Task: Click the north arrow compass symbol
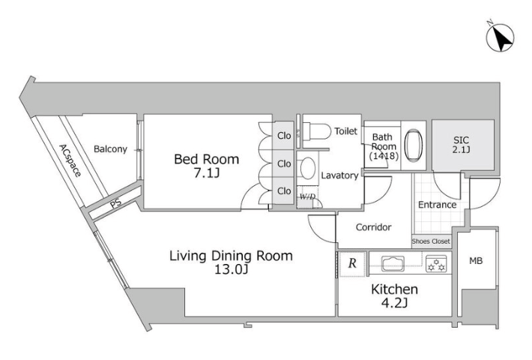click(x=500, y=37)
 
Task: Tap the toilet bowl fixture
click(x=316, y=131)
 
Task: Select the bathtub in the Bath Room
click(x=414, y=145)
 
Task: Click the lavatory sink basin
click(x=308, y=168)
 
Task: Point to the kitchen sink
click(x=393, y=263)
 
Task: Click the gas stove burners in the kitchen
click(x=436, y=263)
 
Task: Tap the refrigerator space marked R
click(x=352, y=264)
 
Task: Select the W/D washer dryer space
click(x=307, y=197)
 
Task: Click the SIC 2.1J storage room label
click(x=461, y=145)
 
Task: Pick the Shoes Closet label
click(x=431, y=241)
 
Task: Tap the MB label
click(x=476, y=261)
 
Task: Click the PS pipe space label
click(x=115, y=204)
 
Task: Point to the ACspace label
click(x=70, y=160)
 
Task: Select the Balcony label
click(x=110, y=149)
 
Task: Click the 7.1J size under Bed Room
click(x=206, y=173)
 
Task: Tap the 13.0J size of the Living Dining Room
click(x=231, y=270)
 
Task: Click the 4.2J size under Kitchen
click(x=394, y=302)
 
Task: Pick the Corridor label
click(x=373, y=226)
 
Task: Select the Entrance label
click(x=437, y=205)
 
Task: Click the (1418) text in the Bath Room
click(x=384, y=156)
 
